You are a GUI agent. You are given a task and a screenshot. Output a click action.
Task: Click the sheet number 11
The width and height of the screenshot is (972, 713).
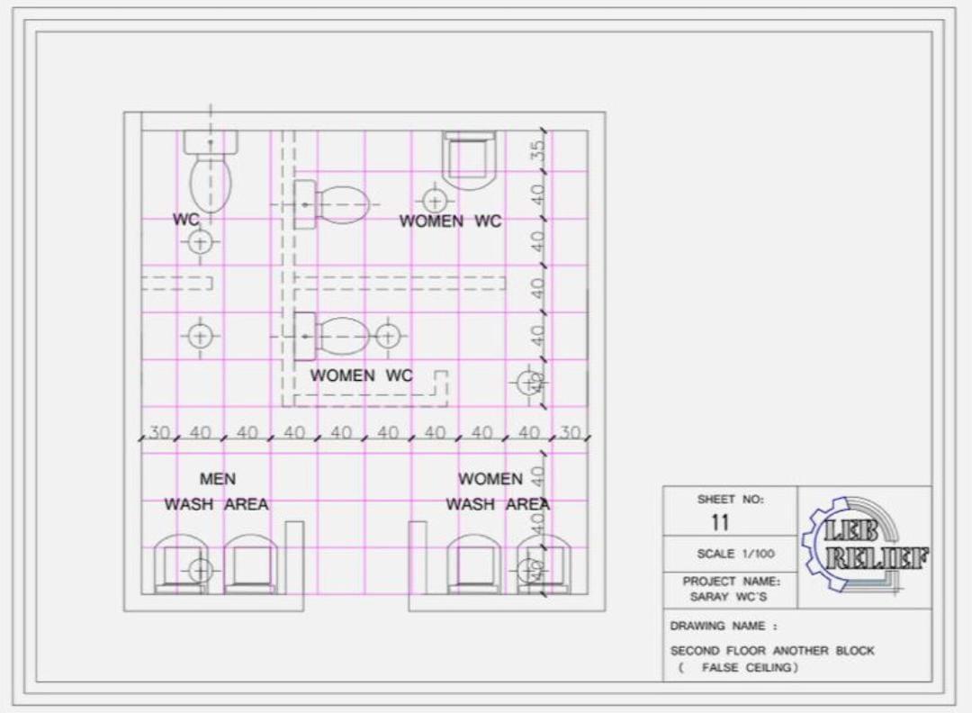pos(720,522)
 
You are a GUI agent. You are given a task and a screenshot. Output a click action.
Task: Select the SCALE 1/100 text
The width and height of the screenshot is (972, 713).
pos(735,554)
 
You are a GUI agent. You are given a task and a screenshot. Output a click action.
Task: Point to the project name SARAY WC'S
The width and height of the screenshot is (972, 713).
pos(729,597)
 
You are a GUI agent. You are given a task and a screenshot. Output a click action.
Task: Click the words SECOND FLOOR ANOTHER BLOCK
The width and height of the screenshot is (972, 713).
pos(772,650)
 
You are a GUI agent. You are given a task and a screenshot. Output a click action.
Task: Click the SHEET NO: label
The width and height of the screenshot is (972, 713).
pos(729,499)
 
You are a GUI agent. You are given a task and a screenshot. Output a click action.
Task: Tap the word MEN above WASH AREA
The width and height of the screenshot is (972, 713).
pos(218,479)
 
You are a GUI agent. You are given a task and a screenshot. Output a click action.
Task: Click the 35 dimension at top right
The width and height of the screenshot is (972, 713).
pos(538,149)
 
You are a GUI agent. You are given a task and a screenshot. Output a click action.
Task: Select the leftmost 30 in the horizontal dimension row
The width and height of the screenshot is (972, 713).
pos(160,433)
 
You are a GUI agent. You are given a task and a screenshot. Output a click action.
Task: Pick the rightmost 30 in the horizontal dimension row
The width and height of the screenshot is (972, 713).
pos(570,433)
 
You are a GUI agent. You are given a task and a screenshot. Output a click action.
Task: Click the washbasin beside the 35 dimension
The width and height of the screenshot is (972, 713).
pos(469,158)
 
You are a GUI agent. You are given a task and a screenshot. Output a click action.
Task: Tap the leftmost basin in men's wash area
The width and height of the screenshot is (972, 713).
pos(181,564)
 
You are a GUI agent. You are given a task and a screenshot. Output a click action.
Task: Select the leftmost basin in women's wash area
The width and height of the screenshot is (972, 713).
pos(473,564)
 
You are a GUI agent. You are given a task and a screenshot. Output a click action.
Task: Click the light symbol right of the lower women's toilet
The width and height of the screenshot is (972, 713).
pos(387,336)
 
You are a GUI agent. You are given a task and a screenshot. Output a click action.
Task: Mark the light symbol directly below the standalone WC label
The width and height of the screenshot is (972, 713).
pos(200,241)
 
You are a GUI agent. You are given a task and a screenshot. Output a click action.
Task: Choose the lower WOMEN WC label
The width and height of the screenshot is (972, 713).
pos(361,375)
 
